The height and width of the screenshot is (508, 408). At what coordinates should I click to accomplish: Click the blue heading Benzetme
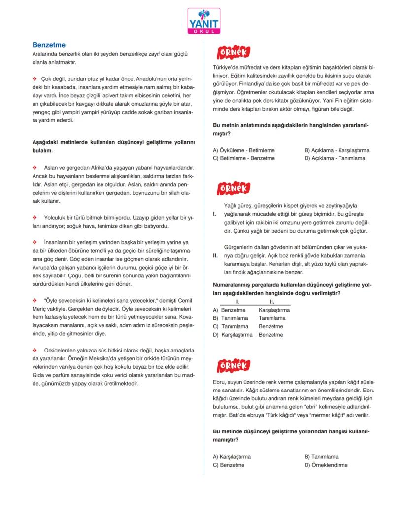coord(49,45)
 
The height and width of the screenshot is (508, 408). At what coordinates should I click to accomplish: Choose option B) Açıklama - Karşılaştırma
coord(337,150)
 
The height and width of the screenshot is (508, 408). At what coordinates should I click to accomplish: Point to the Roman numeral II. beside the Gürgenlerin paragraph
coord(215,256)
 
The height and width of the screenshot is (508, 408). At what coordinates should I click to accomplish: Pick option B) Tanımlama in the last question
coord(321,457)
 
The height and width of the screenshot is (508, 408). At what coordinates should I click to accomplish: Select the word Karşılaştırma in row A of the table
coord(274,310)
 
